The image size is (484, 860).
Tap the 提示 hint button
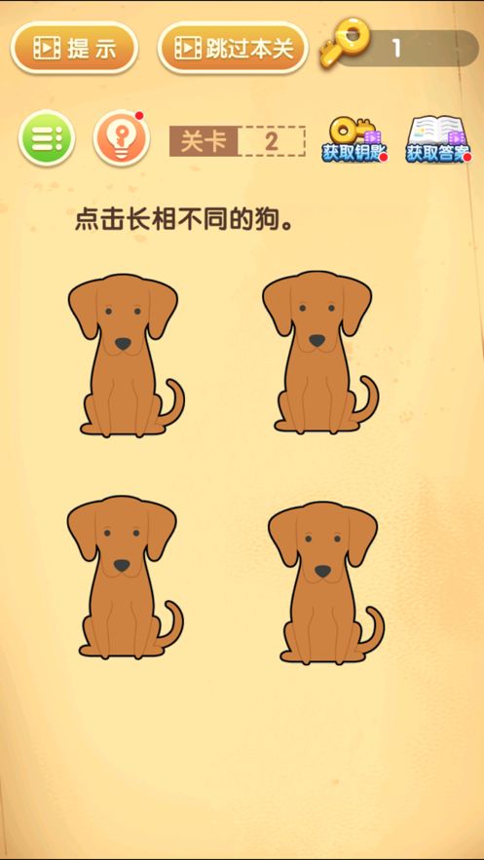click(74, 49)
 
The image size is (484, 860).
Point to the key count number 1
click(396, 49)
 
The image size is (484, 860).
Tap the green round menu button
click(47, 138)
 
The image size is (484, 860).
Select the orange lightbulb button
click(121, 138)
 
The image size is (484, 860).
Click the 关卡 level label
click(204, 141)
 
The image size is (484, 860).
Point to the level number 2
click(272, 141)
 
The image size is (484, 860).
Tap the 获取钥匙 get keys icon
click(354, 138)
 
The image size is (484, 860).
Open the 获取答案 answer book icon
click(438, 138)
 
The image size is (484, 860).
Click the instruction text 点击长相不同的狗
click(184, 221)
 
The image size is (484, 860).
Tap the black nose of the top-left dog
click(124, 344)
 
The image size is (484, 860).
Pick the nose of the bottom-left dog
click(123, 565)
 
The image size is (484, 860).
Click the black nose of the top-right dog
click(317, 341)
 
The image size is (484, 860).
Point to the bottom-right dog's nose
click(323, 571)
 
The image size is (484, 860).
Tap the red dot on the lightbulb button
click(139, 116)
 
